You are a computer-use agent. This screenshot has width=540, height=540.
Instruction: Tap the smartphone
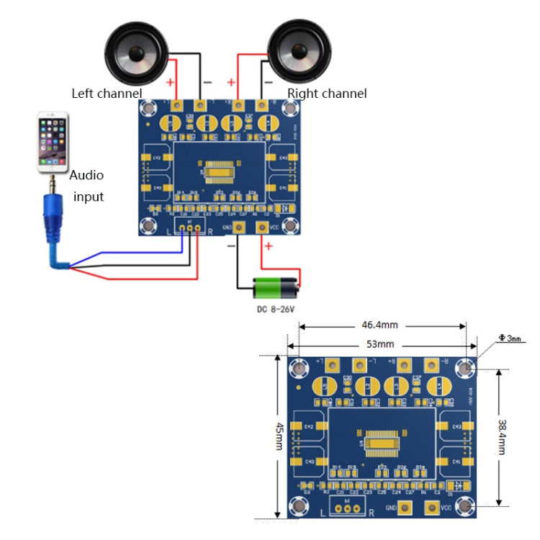53,142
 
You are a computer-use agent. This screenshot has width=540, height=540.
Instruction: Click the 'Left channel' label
107,94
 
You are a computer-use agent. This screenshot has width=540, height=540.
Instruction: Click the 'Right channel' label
327,94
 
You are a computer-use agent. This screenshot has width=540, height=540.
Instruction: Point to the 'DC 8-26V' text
277,310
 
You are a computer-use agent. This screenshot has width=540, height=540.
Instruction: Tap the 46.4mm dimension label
381,325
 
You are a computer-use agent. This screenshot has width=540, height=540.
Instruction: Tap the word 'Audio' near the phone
86,175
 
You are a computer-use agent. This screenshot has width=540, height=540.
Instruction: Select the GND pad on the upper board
237,228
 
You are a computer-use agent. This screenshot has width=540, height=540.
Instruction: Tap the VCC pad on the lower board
431,508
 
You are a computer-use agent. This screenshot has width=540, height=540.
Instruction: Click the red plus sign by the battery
269,247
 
